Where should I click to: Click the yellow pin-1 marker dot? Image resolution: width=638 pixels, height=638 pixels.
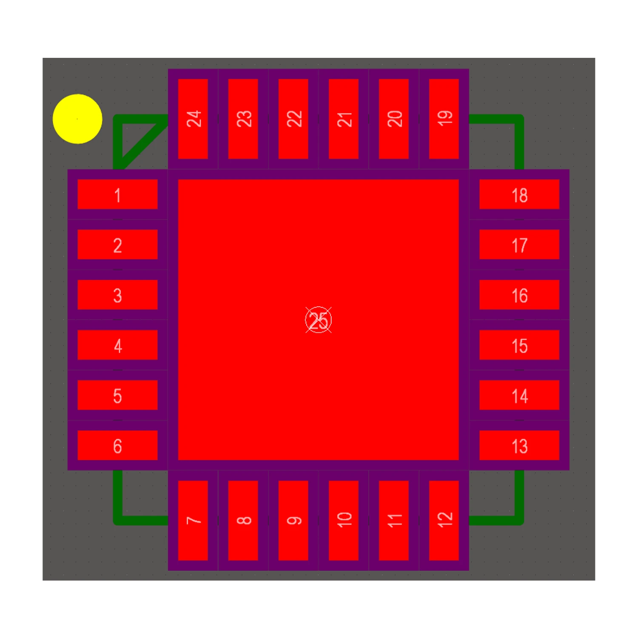pyautogui.click(x=77, y=119)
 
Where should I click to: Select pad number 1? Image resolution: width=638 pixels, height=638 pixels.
pyautogui.click(x=117, y=194)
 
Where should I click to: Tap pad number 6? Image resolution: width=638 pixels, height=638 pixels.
pyautogui.click(x=117, y=445)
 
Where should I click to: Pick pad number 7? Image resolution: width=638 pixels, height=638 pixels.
pyautogui.click(x=193, y=520)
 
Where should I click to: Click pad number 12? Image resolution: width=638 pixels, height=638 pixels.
pyautogui.click(x=444, y=520)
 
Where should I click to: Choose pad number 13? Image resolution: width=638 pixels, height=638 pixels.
pyautogui.click(x=519, y=445)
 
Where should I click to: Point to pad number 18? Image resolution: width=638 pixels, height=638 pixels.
pyautogui.click(x=519, y=194)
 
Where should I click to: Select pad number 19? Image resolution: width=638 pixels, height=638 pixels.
pyautogui.click(x=444, y=119)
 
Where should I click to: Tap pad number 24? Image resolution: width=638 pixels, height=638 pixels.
pyautogui.click(x=193, y=119)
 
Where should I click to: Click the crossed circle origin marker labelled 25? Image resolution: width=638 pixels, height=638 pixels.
pyautogui.click(x=319, y=320)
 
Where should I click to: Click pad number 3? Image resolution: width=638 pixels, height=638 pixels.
pyautogui.click(x=117, y=294)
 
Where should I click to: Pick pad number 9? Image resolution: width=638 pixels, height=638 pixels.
pyautogui.click(x=293, y=520)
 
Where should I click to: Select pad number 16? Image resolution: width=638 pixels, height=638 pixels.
pyautogui.click(x=519, y=294)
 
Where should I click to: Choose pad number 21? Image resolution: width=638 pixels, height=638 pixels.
pyautogui.click(x=343, y=119)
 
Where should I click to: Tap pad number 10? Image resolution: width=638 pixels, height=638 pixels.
pyautogui.click(x=343, y=520)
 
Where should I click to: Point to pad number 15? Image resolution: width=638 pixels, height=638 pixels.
pyautogui.click(x=519, y=345)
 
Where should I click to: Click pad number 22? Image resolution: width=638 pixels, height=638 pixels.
pyautogui.click(x=293, y=119)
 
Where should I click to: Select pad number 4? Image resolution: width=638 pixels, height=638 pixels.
pyautogui.click(x=117, y=345)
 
